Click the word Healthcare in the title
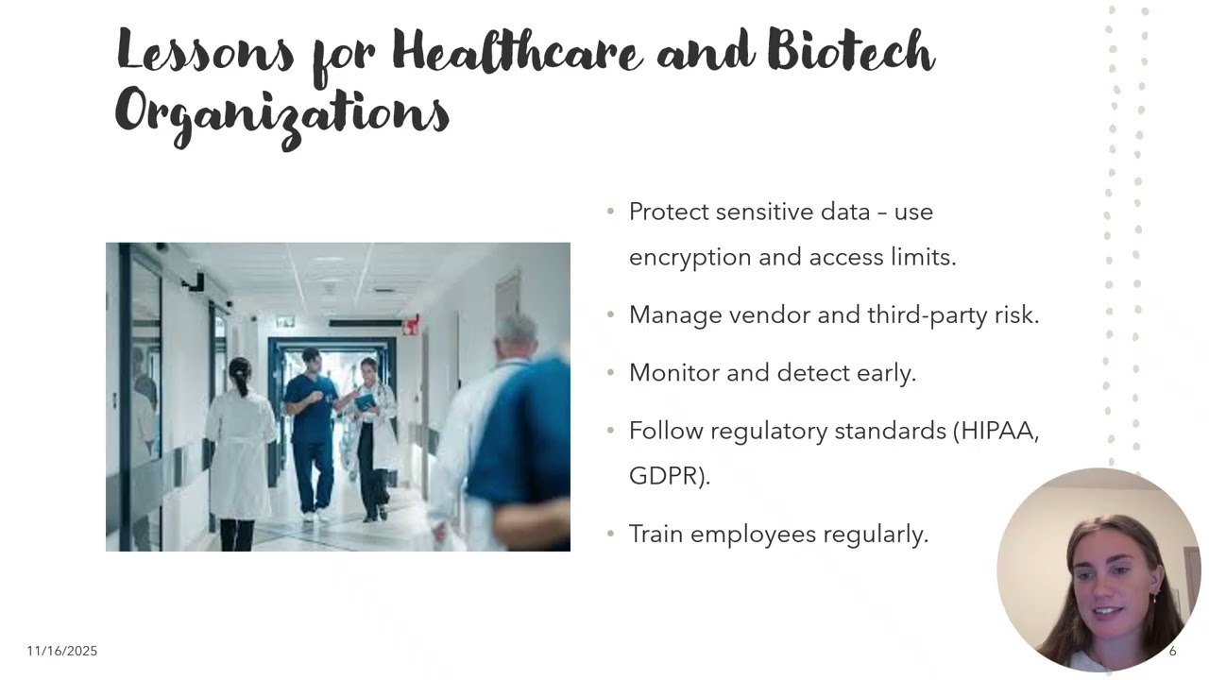point(517,52)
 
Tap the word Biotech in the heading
point(850,52)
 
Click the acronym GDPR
point(666,476)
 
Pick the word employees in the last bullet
point(753,535)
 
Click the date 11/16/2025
point(62,651)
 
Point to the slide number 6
point(1173,651)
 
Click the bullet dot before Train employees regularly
point(610,535)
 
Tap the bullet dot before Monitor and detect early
point(610,373)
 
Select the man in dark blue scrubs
point(312,425)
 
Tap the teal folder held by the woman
point(366,401)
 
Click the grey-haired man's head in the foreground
point(517,335)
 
